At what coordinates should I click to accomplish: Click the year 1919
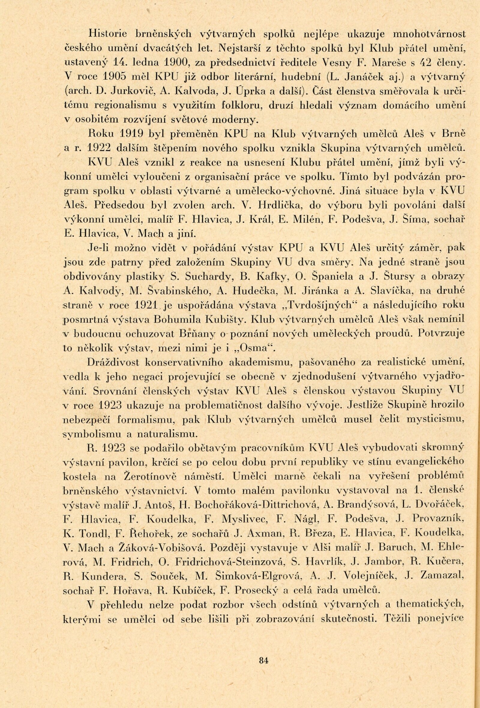[133, 134]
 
